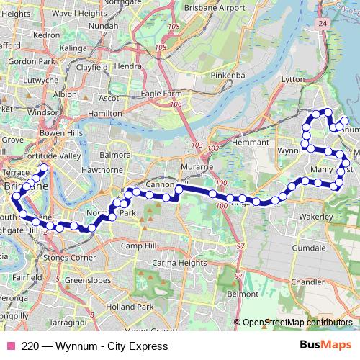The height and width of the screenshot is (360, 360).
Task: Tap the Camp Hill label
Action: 138,246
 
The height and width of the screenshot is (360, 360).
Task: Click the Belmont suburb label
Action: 242,294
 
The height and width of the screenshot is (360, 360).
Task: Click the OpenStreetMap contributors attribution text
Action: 296,323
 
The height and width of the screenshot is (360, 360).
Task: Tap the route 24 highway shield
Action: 322,24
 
